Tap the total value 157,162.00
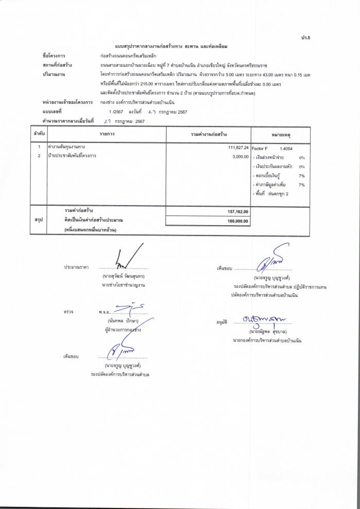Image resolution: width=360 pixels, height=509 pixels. [238, 211]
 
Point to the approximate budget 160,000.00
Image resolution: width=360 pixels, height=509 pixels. [238, 221]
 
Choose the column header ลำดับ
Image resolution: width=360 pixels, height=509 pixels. [39, 134]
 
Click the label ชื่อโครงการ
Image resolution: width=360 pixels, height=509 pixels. [54, 54]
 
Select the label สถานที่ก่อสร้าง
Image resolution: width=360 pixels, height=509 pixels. [57, 65]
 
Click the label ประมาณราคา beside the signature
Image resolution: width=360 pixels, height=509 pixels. [77, 267]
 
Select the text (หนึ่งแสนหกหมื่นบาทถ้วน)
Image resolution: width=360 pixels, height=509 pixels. [87, 230]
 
